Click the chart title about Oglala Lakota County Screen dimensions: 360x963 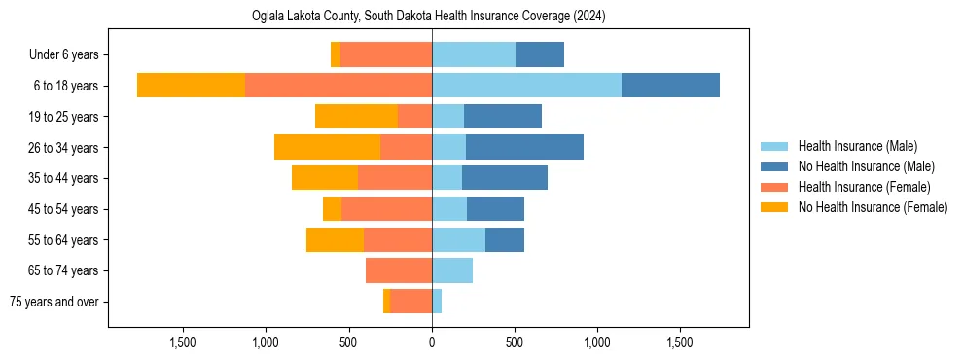pyautogui.click(x=428, y=17)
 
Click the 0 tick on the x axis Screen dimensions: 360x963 pyautogui.click(x=432, y=342)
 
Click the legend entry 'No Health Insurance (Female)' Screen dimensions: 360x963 pyautogui.click(x=872, y=207)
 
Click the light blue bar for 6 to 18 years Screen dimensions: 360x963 pyautogui.click(x=526, y=86)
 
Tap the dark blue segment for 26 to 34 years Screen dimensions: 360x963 pyautogui.click(x=524, y=147)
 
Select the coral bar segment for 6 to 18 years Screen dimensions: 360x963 pyautogui.click(x=339, y=86)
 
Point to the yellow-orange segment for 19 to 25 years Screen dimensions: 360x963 pyautogui.click(x=356, y=117)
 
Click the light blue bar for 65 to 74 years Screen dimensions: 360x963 pyautogui.click(x=452, y=270)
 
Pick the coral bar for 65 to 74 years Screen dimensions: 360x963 pyautogui.click(x=399, y=270)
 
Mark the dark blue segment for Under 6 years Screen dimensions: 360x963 pyautogui.click(x=540, y=54)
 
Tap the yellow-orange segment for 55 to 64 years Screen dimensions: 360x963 pyautogui.click(x=335, y=239)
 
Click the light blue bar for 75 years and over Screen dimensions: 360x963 pyautogui.click(x=437, y=302)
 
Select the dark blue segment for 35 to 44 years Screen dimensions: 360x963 pyautogui.click(x=505, y=178)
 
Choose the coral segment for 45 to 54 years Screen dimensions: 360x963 pyautogui.click(x=386, y=209)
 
